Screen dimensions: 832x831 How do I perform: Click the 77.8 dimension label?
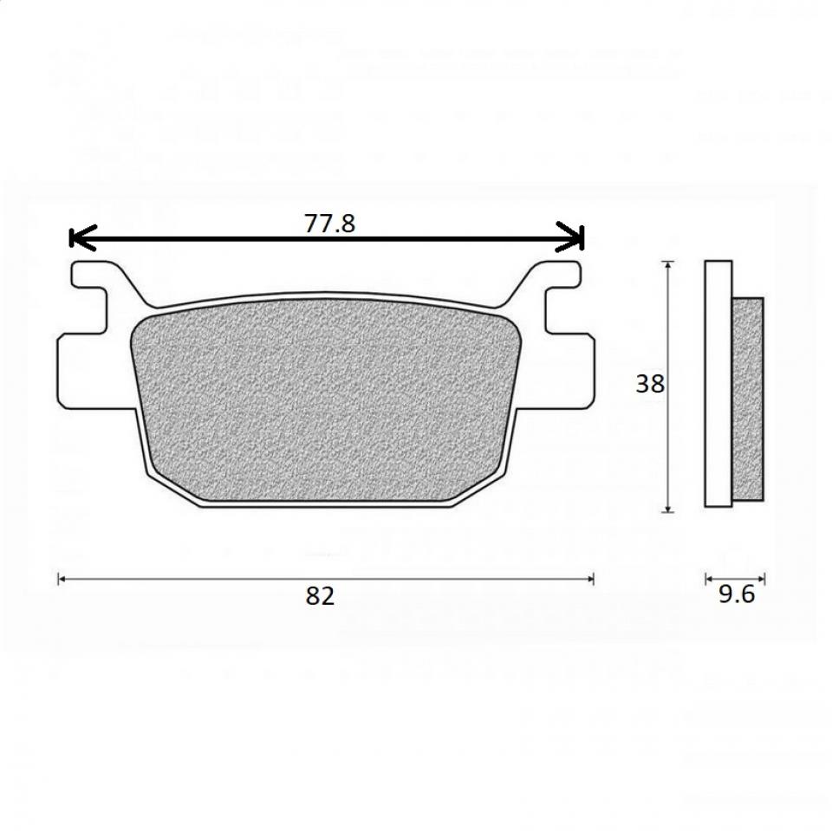tap(329, 224)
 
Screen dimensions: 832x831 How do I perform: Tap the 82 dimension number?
tap(320, 596)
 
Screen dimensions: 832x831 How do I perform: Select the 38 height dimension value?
tap(650, 384)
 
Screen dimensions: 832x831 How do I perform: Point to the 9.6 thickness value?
tap(737, 594)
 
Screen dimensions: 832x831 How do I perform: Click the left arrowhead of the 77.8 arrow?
tap(82, 237)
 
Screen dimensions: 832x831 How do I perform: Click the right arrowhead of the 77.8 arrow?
tap(570, 237)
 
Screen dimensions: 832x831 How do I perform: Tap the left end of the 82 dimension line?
tap(58, 579)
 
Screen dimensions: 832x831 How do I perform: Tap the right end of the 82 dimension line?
tap(593, 579)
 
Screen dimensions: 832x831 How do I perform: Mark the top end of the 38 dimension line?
tap(668, 262)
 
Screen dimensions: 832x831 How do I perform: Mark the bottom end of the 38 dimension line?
tap(668, 512)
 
